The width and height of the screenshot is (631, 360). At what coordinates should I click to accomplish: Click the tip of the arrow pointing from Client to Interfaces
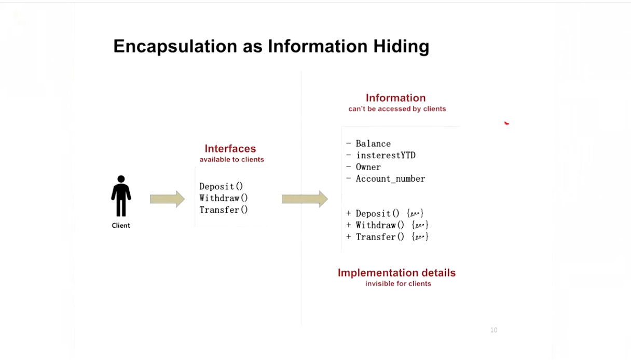click(x=185, y=199)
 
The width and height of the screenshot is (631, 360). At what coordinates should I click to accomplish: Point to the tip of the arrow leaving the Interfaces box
click(x=328, y=199)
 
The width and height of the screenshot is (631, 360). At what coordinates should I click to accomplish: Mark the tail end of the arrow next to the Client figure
click(x=150, y=199)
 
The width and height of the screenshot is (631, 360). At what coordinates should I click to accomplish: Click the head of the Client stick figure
click(x=121, y=179)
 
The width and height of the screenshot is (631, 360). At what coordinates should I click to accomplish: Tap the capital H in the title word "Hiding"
click(x=379, y=46)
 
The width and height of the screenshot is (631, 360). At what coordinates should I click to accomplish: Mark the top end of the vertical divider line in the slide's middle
click(x=301, y=72)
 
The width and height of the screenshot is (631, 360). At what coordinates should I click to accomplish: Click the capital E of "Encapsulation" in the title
click(x=119, y=46)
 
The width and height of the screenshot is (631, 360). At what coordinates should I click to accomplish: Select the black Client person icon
click(x=121, y=196)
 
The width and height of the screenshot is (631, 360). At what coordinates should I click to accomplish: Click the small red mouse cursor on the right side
click(x=506, y=123)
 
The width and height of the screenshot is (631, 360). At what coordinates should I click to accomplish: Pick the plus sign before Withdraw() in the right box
click(x=349, y=225)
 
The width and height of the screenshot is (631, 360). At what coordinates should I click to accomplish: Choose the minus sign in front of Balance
click(x=349, y=143)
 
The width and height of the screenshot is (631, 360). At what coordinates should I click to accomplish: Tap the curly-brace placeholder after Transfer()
click(x=420, y=237)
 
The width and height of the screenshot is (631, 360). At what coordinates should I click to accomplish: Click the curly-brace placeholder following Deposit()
click(x=415, y=213)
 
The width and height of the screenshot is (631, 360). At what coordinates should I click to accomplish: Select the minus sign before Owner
click(x=349, y=167)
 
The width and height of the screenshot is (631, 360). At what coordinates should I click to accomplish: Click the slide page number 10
click(x=494, y=330)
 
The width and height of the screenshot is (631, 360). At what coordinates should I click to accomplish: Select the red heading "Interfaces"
click(x=230, y=148)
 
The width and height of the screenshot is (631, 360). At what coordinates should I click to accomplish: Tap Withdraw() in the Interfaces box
click(x=224, y=198)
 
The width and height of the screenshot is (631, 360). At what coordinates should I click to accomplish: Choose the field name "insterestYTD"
click(x=386, y=155)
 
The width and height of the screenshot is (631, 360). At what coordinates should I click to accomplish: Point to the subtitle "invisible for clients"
click(x=399, y=284)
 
